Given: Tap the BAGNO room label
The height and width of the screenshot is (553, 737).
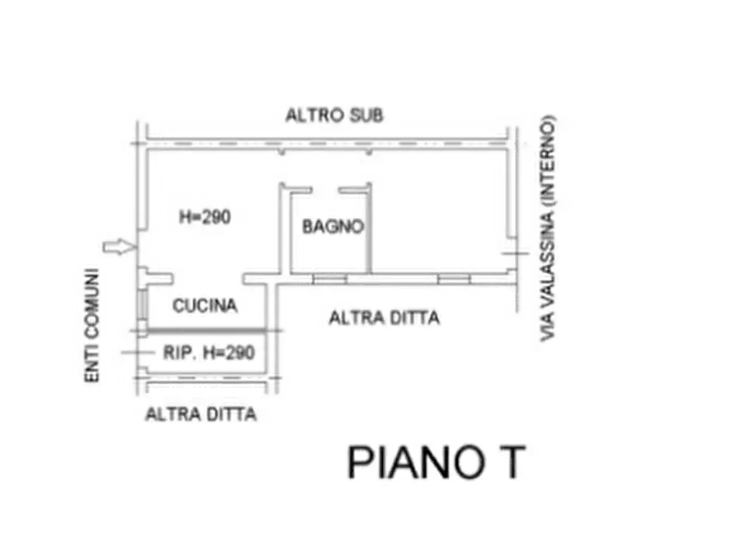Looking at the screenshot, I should coord(332,226).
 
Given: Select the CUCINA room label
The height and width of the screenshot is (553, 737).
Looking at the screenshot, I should coord(205,306).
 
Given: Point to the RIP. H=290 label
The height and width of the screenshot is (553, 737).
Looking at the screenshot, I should coord(208,352).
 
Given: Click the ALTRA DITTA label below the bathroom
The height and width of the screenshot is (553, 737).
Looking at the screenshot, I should coord(384,317).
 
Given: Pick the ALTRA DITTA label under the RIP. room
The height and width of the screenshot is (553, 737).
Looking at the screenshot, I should coord(200,414).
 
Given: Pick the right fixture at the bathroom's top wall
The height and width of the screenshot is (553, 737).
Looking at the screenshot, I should coord(352,197).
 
